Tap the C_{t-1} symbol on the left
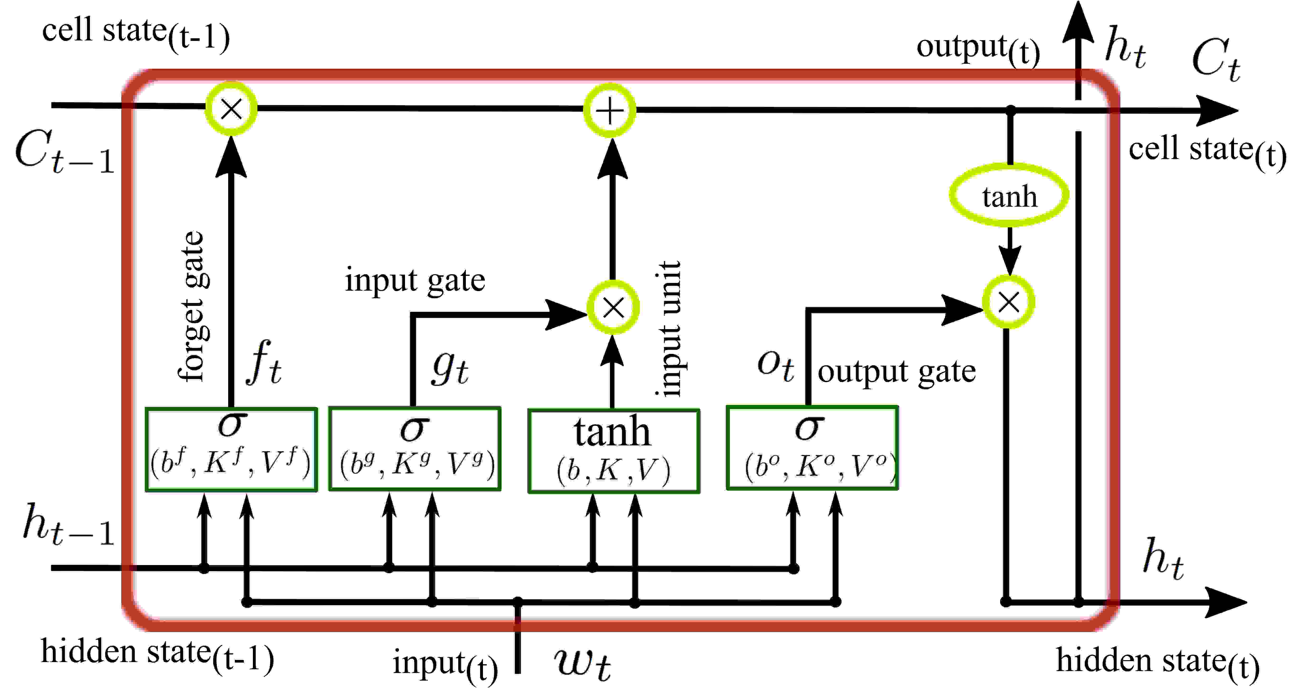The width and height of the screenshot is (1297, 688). click(x=64, y=151)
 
